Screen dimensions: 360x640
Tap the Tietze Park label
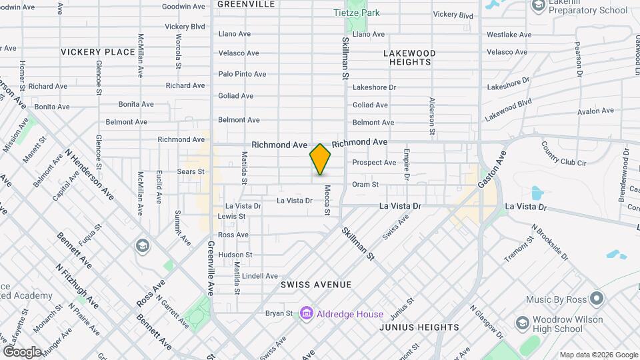tap(356, 13)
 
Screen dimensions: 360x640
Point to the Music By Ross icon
tap(598, 299)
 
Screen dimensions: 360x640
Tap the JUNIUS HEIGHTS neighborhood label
tap(419, 327)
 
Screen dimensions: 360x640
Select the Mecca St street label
tap(327, 200)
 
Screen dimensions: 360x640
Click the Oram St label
tap(365, 185)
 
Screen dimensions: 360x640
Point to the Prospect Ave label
tap(374, 163)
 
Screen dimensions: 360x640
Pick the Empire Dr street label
tap(405, 166)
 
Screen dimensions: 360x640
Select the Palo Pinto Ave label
tap(242, 74)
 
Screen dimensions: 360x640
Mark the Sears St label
tap(191, 171)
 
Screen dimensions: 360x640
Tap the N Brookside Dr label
tap(550, 242)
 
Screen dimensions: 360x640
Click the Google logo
tap(22, 352)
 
